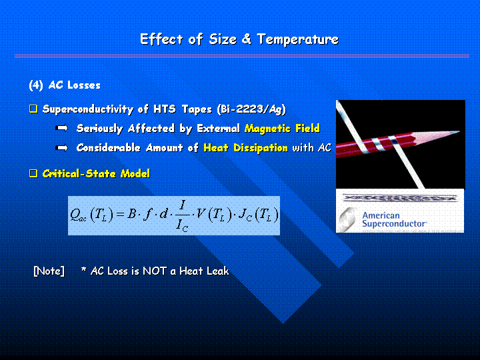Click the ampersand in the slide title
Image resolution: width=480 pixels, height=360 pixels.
[246, 39]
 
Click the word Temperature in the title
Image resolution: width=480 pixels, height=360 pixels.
[298, 40]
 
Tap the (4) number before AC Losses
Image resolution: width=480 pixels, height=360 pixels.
[36, 85]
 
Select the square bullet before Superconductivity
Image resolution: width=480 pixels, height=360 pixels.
[33, 109]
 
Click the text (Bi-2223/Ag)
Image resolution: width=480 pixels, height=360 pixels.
[251, 109]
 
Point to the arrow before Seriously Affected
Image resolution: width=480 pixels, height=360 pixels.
[61, 128]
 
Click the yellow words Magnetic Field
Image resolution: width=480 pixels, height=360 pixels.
[282, 128]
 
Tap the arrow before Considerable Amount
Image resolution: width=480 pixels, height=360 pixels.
[61, 148]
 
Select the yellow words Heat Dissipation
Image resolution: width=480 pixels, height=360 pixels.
[245, 148]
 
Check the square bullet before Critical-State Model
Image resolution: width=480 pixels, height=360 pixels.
[33, 173]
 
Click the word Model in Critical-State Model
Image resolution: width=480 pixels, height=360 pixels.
[135, 174]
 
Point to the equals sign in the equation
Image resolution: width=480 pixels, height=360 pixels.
[120, 214]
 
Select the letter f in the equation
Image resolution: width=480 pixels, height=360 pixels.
[147, 214]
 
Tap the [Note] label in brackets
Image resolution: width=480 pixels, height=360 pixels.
[49, 271]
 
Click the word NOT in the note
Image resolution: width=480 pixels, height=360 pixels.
[155, 271]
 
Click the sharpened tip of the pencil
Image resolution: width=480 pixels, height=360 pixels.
[458, 132]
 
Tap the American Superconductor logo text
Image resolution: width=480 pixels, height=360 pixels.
[394, 219]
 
